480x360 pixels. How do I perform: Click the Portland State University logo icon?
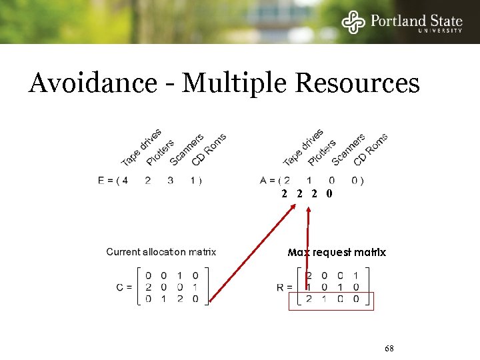[353, 22]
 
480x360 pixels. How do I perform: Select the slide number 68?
[390, 349]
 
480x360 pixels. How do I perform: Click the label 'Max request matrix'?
[337, 253]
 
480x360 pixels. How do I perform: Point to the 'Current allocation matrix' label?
[161, 252]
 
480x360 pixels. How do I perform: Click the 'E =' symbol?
[105, 180]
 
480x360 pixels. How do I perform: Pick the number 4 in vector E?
[125, 180]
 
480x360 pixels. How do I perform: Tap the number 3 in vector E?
[171, 180]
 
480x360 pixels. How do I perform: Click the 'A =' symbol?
[267, 180]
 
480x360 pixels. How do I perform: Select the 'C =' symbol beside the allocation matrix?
[124, 287]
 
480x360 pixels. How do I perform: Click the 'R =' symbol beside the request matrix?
[285, 287]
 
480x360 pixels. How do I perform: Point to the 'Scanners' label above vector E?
[187, 150]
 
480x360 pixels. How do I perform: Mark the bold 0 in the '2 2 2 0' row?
[329, 194]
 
